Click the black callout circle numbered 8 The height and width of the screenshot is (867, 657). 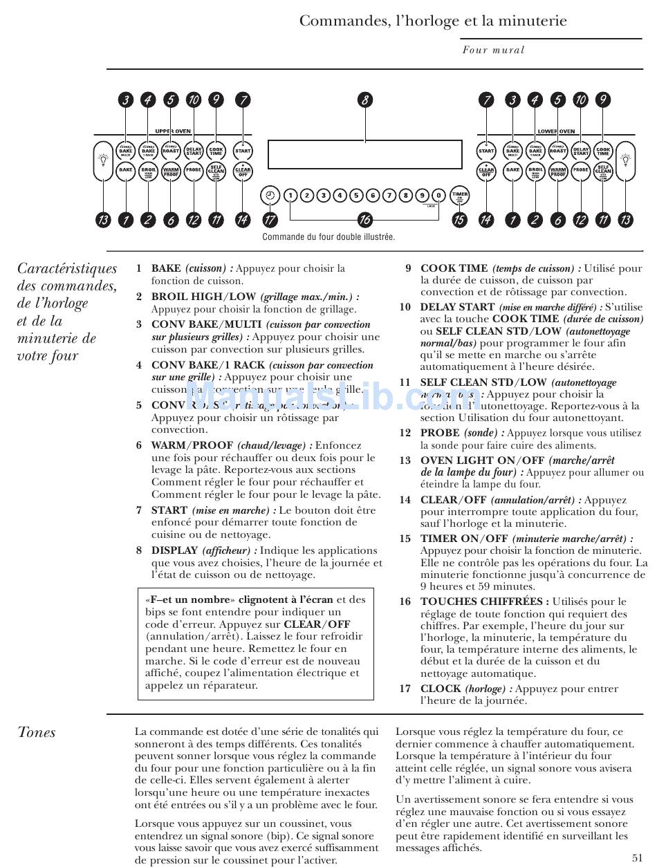(x=364, y=100)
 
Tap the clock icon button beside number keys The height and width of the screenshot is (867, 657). (x=269, y=196)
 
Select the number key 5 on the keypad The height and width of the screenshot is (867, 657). (x=356, y=196)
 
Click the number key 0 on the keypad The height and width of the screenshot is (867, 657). (x=439, y=196)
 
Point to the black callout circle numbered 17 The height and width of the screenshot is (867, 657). (x=270, y=221)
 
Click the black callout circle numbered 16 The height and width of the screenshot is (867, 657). (x=364, y=221)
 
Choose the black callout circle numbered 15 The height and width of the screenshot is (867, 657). (x=459, y=221)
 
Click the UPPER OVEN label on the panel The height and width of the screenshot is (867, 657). (x=173, y=131)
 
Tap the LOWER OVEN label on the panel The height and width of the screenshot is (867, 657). (x=556, y=131)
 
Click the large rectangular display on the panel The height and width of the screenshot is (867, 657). (x=364, y=154)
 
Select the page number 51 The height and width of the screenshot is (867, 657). (x=638, y=857)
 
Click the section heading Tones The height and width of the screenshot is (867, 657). (x=37, y=732)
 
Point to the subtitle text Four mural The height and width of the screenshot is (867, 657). (x=494, y=50)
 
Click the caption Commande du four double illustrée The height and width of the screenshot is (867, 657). (x=328, y=237)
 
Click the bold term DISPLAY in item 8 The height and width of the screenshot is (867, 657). (x=175, y=550)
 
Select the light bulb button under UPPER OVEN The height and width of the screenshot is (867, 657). (x=103, y=160)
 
